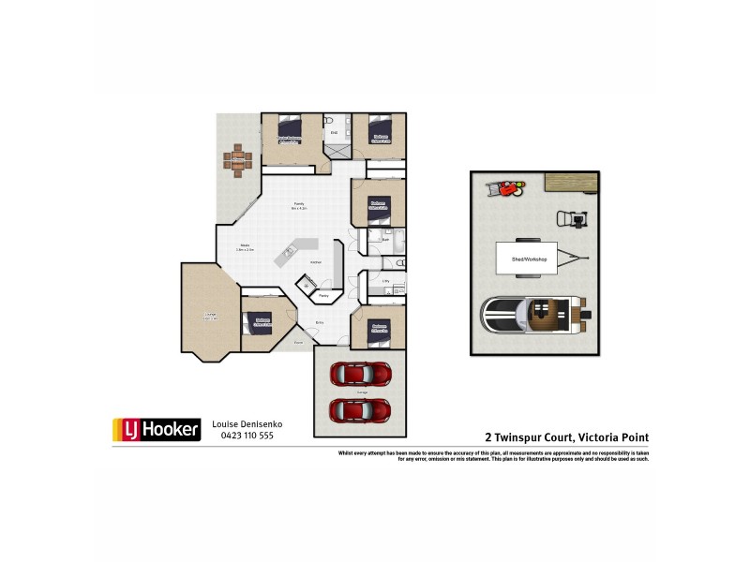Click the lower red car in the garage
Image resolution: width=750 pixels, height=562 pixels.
(x=360, y=409)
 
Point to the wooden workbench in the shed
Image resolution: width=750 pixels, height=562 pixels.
(x=571, y=180)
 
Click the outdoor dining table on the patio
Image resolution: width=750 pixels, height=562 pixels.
(x=238, y=156)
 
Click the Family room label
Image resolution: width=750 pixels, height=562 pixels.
(x=299, y=204)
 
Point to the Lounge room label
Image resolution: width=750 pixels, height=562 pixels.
(x=210, y=317)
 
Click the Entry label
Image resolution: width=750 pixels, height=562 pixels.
(x=320, y=323)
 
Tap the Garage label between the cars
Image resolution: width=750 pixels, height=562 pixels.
(x=361, y=392)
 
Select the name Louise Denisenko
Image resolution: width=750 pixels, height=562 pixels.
(x=247, y=424)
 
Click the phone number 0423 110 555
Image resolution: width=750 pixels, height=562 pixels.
(x=246, y=436)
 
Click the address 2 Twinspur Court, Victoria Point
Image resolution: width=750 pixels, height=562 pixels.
(x=566, y=436)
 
